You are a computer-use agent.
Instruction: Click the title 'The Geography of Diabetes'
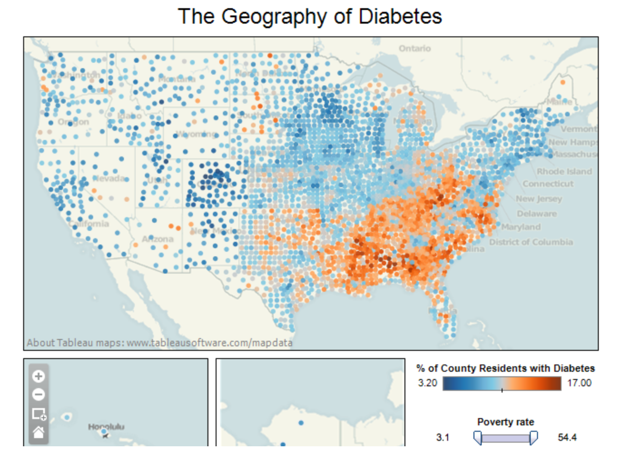point(310,17)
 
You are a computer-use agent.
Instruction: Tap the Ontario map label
point(414,48)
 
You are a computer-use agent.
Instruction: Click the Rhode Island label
point(564,171)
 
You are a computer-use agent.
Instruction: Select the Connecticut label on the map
point(547,184)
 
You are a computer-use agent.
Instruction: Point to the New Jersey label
point(538,199)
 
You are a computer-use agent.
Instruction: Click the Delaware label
point(537,213)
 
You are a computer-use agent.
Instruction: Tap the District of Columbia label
point(531,242)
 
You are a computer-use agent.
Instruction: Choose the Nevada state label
point(109,178)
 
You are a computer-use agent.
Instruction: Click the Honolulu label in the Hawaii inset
point(106,427)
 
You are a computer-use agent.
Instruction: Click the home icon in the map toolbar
point(39,432)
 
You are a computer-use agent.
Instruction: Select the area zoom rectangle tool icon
point(39,414)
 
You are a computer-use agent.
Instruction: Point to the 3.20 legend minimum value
point(427,383)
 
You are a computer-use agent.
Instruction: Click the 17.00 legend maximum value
point(579,383)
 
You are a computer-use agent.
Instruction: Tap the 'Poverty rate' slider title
point(505,422)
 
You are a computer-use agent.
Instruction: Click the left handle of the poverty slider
point(478,438)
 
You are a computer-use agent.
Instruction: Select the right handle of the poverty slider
point(534,438)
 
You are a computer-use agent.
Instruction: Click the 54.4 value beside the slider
point(567,437)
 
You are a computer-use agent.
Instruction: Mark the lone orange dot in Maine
point(563,82)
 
